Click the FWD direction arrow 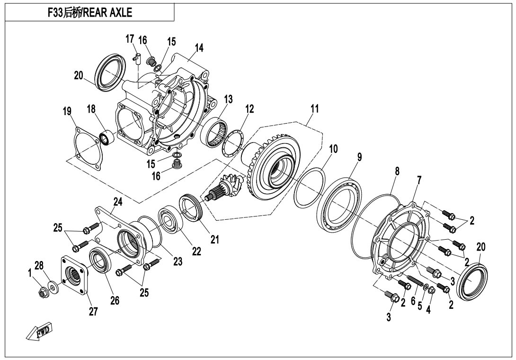39,331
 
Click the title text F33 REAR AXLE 90,12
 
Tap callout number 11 315,108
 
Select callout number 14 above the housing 199,48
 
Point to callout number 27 93,311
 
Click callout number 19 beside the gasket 68,111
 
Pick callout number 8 397,171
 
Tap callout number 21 214,240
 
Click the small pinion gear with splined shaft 225,187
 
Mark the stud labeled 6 416,281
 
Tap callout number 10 333,149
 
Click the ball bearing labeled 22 170,220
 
